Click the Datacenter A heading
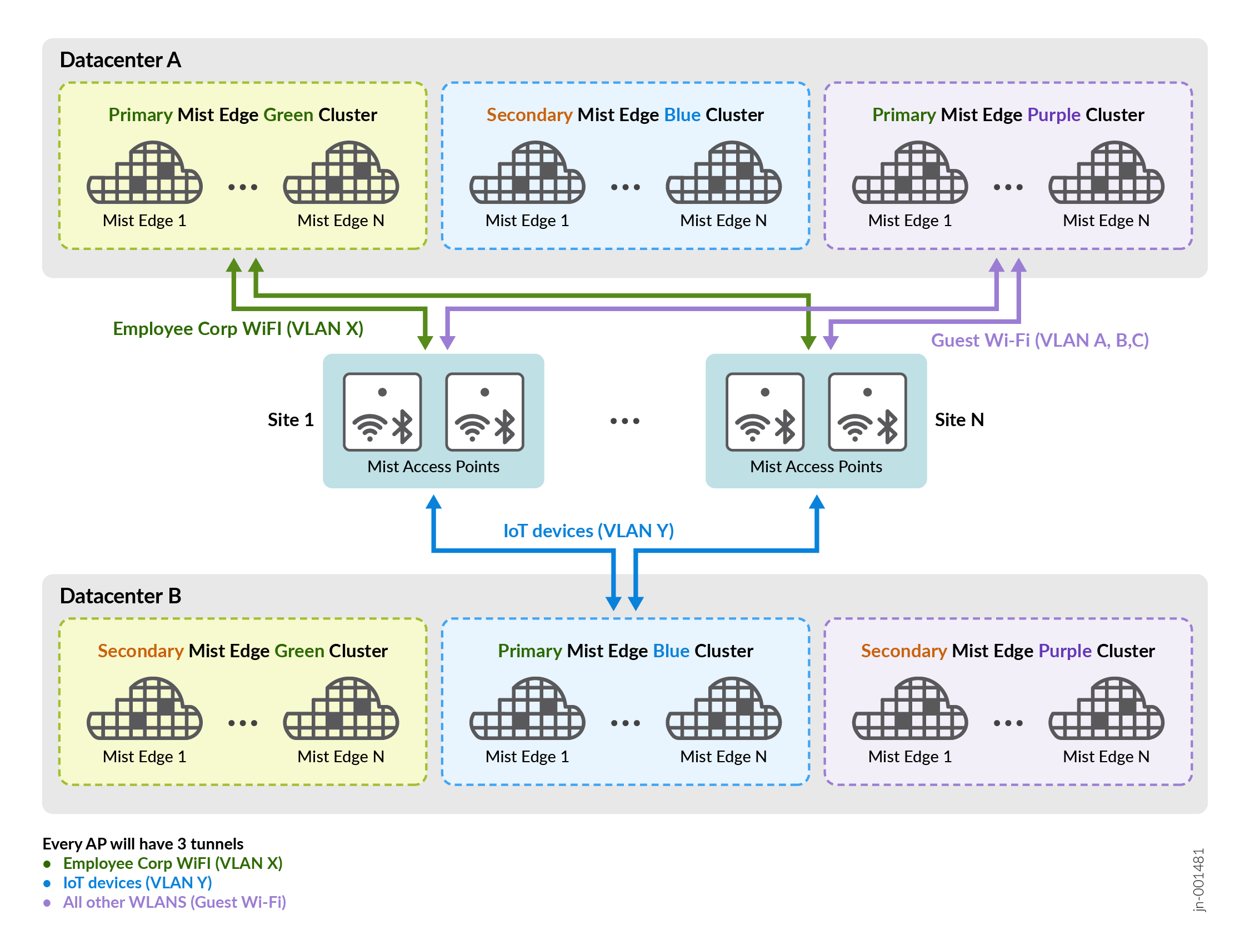121,60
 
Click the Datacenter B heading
121,596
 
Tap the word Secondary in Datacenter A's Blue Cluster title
529,115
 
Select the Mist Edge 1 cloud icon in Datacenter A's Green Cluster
144,173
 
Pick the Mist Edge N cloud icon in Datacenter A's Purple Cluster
1106,173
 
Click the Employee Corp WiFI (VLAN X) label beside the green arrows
238,329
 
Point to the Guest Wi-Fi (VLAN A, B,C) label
1040,340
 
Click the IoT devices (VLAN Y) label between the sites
588,531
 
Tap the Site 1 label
291,420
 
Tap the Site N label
959,420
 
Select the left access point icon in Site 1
383,412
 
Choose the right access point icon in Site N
867,412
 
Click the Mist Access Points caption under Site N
816,467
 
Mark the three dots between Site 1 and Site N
624,421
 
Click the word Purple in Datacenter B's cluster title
1064,651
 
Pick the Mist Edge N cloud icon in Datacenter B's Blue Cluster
723,710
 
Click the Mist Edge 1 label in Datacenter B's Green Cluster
144,757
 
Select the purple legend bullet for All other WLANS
47,903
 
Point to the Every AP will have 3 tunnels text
142,844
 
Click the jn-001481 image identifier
1198,879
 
